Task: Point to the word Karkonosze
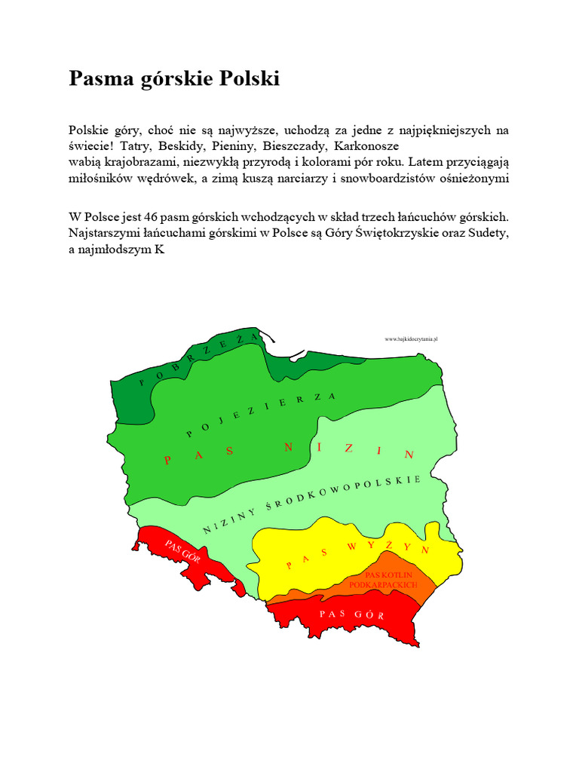tap(366, 146)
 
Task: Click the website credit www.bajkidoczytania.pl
tap(412, 339)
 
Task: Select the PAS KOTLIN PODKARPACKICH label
tap(384, 580)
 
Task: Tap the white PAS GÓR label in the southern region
tap(352, 614)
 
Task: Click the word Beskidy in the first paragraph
tap(191, 146)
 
